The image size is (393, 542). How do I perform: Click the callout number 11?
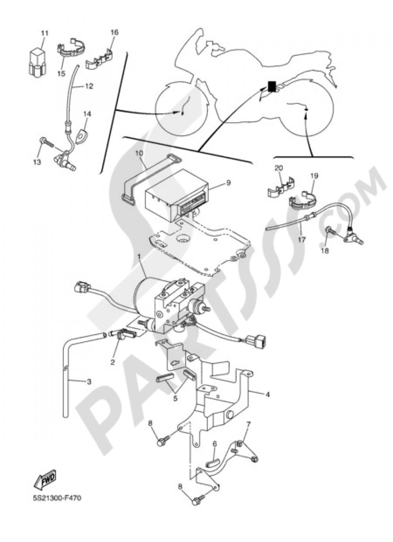pyautogui.click(x=44, y=33)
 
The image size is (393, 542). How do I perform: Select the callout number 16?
pyautogui.click(x=114, y=33)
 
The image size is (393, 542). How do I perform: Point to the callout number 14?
pyautogui.click(x=87, y=114)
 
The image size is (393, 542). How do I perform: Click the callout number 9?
pyautogui.click(x=228, y=183)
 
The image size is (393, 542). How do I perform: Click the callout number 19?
pyautogui.click(x=315, y=176)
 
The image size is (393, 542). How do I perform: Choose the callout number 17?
pyautogui.click(x=301, y=238)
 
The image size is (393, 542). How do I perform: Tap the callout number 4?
pyautogui.click(x=268, y=395)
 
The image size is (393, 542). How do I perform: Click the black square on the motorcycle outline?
pyautogui.click(x=272, y=85)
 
